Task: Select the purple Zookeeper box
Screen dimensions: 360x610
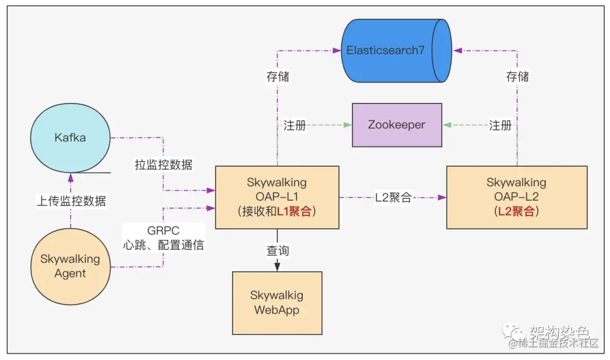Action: [396, 124]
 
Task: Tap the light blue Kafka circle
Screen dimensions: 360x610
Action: [71, 138]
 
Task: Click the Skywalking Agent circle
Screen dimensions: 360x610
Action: [71, 266]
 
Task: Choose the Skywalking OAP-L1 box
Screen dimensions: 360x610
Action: [277, 197]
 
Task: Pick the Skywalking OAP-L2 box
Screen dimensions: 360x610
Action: [516, 197]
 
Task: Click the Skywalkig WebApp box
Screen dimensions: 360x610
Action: [277, 302]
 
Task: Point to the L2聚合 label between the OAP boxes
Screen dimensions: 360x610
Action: [393, 198]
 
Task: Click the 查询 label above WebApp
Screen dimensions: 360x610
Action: [277, 250]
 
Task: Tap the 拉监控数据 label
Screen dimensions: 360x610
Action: [163, 165]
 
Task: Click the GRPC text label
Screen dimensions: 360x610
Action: [163, 231]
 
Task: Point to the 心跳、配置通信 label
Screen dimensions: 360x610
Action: [163, 245]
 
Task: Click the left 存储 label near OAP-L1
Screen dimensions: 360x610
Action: [277, 76]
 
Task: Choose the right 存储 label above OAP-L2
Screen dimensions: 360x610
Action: [517, 76]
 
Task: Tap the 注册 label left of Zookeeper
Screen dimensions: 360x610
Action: [294, 125]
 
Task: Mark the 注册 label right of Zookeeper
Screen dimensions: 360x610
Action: [500, 125]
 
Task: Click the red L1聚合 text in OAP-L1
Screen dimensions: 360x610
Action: [295, 212]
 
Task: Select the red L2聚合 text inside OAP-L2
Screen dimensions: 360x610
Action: [516, 212]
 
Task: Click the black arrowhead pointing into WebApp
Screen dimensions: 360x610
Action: [277, 267]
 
